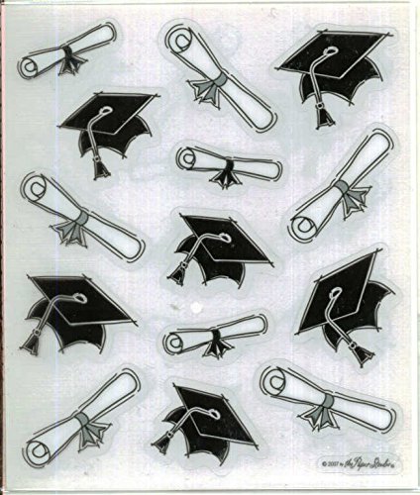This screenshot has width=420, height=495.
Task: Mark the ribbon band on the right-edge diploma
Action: point(341,188)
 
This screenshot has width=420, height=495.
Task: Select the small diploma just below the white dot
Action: point(216,337)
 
